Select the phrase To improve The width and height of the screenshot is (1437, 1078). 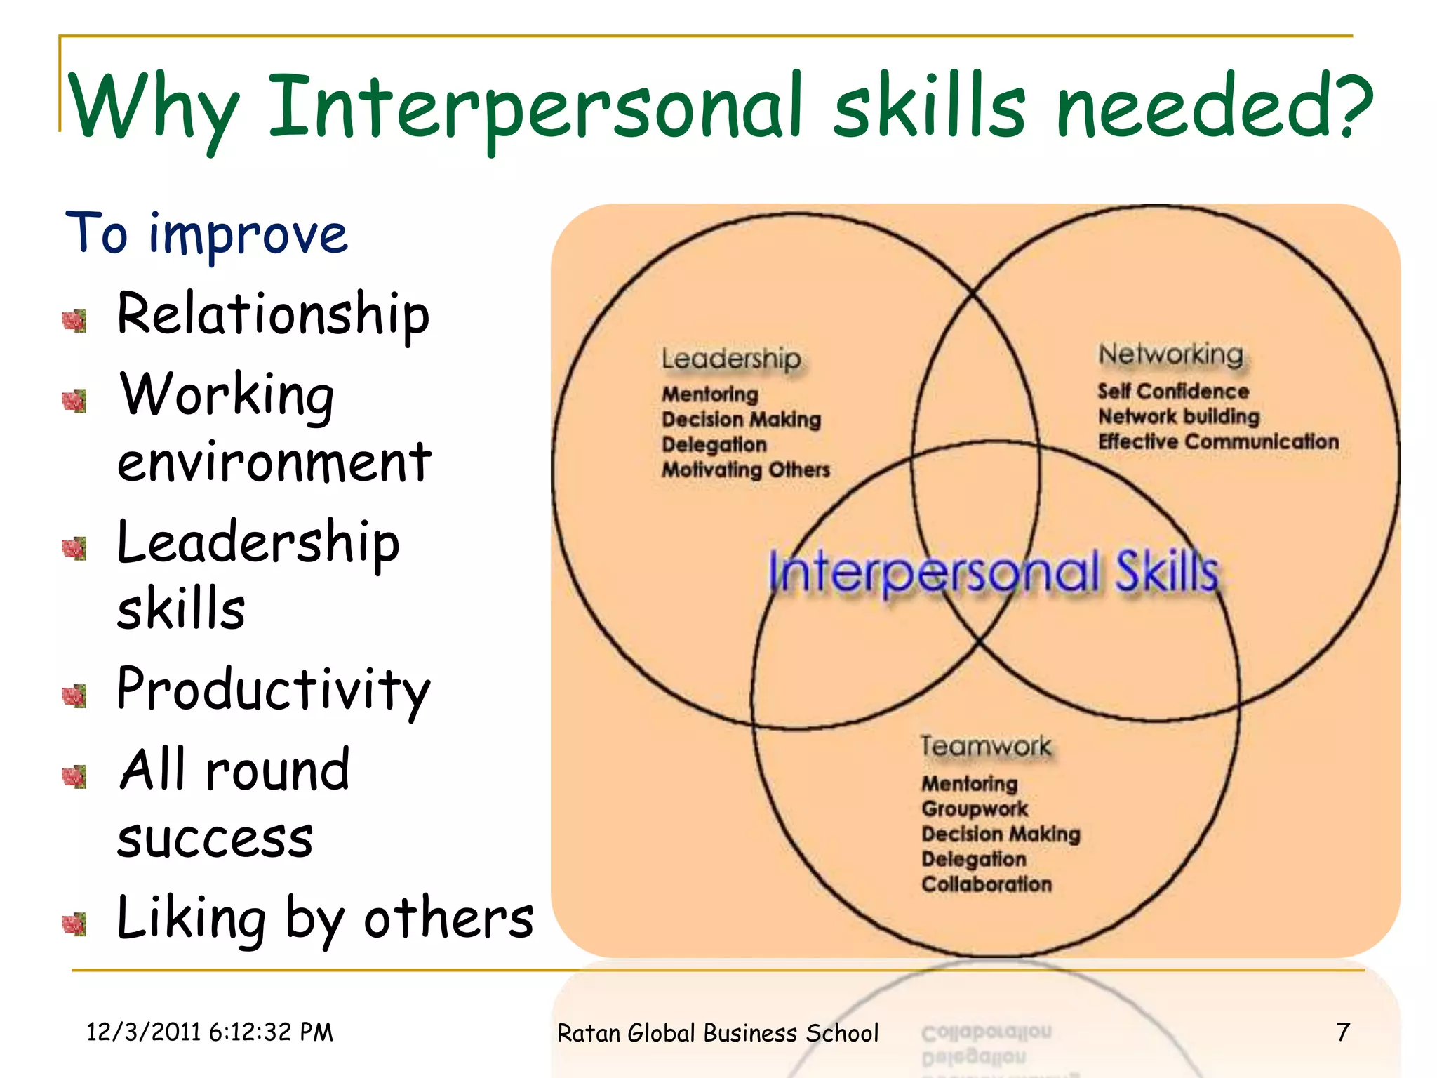coord(206,234)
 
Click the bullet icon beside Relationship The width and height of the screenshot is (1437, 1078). coord(74,321)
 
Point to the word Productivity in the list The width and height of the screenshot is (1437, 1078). coord(273,690)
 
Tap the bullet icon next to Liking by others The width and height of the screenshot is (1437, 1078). coord(74,924)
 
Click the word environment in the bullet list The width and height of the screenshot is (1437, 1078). coord(274,463)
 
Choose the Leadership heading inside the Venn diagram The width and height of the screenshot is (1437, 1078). coord(730,359)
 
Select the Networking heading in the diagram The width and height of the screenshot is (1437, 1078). coord(1170,354)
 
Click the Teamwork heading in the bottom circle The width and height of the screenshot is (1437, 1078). coord(986,746)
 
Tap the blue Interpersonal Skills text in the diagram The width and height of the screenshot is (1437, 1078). coord(993,572)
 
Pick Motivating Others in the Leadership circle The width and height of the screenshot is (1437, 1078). coord(745,470)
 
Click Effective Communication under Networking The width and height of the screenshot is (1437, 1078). coord(1218,441)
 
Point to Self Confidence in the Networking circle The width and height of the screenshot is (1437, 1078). coord(1173,391)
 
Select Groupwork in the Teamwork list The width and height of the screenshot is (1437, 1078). coord(975,808)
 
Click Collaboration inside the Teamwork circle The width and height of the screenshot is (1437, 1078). coord(987,884)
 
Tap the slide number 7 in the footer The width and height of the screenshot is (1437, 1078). coord(1343,1032)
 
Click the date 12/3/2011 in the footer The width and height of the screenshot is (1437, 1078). coord(143,1032)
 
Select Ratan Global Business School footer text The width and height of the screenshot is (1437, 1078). coord(717,1033)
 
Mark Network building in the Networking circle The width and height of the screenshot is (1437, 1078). coord(1179,416)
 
